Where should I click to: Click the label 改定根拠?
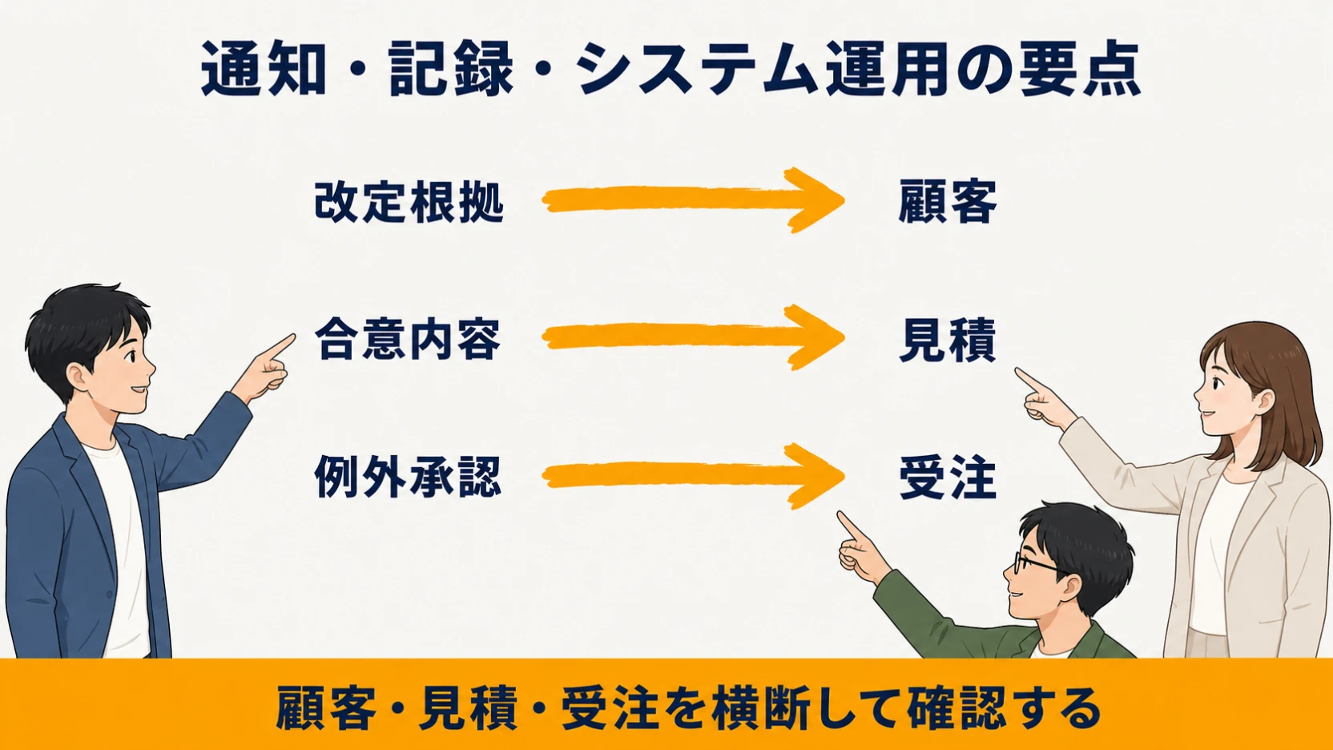coord(409,202)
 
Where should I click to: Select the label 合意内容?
coord(408,339)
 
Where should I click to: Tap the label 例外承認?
coord(408,476)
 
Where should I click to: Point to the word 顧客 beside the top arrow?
coord(948,202)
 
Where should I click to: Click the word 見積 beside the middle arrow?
coord(948,340)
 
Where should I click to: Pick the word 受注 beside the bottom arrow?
coord(948,478)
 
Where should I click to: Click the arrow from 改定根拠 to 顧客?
coord(693,200)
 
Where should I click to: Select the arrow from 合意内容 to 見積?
coord(693,337)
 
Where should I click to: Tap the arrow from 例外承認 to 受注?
coord(693,476)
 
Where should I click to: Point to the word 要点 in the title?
coord(1080,68)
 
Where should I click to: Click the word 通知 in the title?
coord(264,68)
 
